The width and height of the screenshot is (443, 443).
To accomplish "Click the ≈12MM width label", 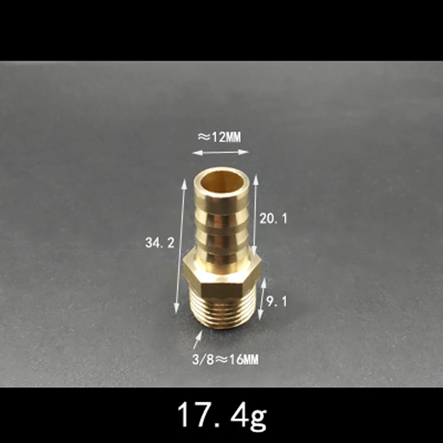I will [220, 137].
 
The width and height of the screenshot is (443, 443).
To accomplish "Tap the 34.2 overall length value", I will [159, 243].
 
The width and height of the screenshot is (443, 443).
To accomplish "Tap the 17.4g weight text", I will [221, 416].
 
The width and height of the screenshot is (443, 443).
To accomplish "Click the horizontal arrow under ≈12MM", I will [220, 152].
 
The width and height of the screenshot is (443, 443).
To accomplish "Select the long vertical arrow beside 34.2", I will [181, 246].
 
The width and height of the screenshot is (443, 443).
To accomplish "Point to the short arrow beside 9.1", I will [262, 298].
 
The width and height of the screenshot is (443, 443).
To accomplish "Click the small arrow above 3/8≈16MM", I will [198, 340].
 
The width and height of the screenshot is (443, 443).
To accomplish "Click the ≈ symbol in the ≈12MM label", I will [204, 137].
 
